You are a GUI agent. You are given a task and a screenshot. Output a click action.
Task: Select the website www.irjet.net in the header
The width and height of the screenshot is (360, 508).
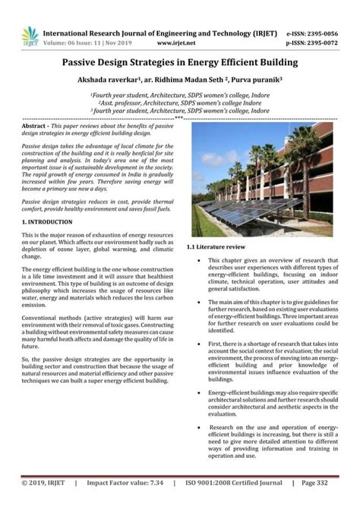(182, 43)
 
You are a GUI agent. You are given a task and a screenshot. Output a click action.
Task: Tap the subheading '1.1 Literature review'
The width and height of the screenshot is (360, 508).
(216, 248)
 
